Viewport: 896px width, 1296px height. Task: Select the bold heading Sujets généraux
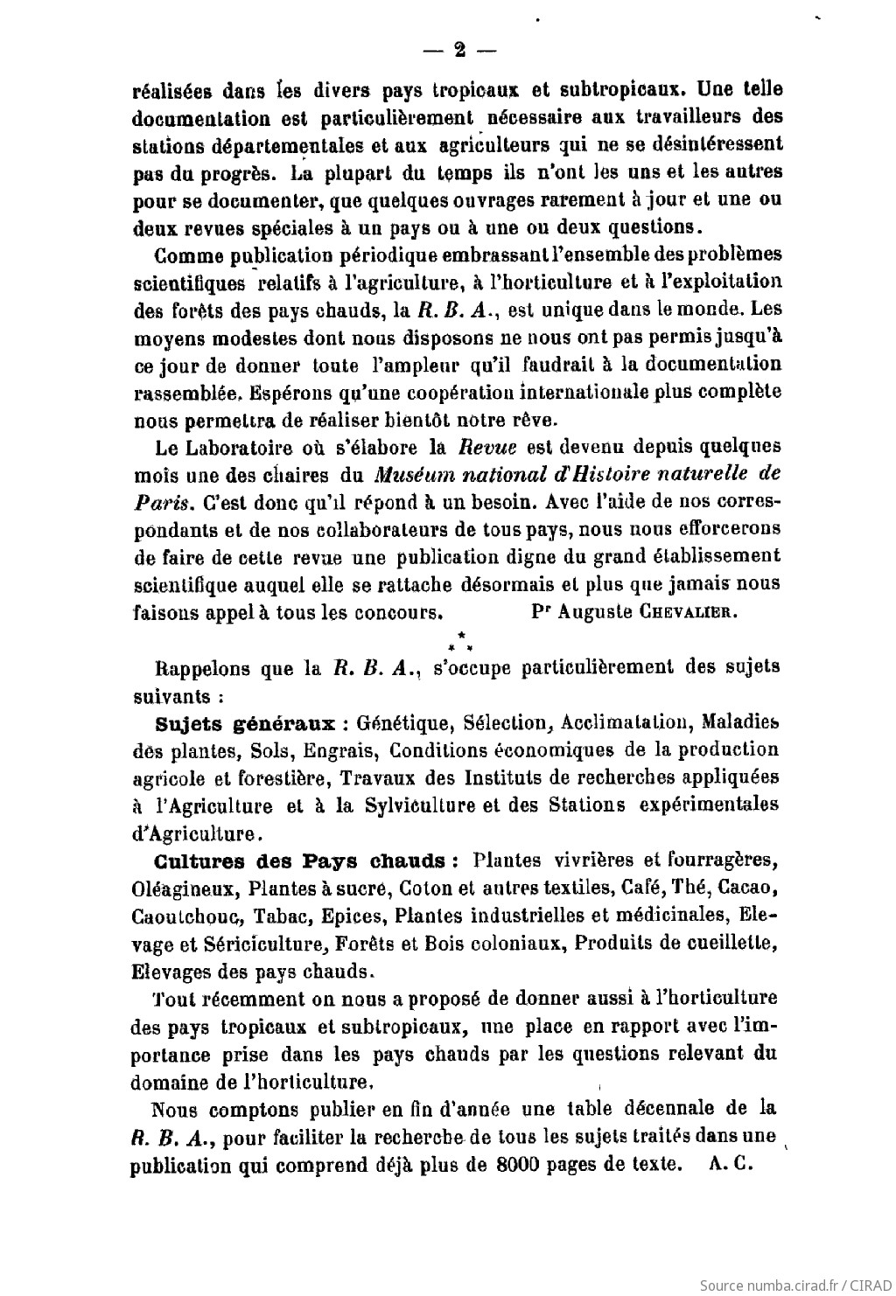[246, 723]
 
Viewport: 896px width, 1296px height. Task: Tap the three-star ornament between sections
[459, 641]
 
